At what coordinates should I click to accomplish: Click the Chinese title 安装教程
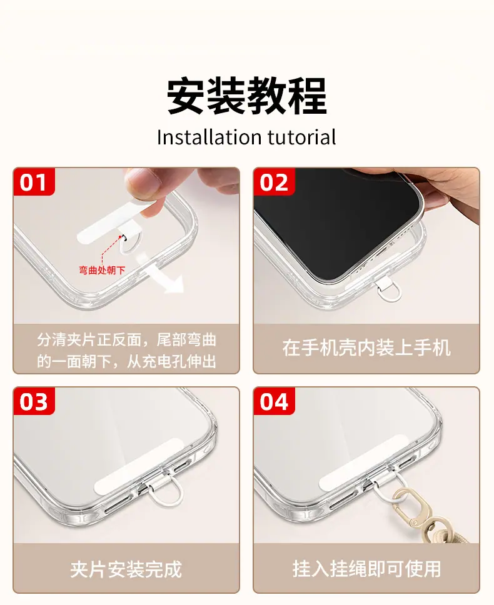[247, 96]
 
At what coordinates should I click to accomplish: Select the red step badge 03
[34, 401]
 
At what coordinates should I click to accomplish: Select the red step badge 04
[274, 401]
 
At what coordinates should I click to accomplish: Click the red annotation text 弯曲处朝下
[102, 270]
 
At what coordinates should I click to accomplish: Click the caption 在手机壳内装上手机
[366, 347]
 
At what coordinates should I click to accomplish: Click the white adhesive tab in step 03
[138, 466]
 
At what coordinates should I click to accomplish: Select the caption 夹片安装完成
[126, 569]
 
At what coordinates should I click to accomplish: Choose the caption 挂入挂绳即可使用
[366, 569]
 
